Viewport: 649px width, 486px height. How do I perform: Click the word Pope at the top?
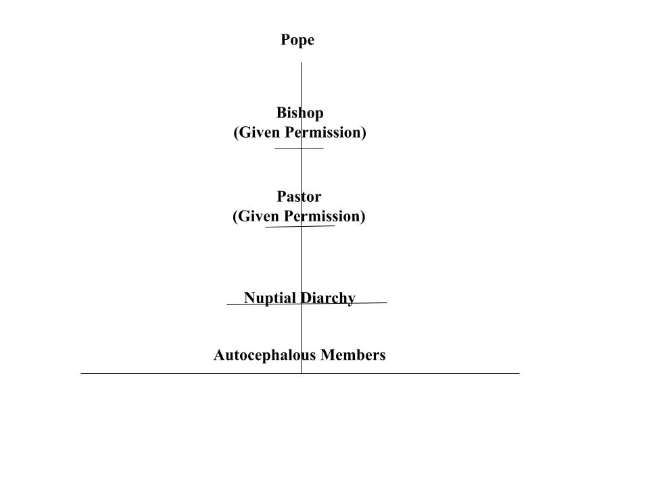tap(297, 40)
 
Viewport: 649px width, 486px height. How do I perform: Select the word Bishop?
tap(299, 113)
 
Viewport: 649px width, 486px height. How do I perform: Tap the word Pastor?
tap(299, 196)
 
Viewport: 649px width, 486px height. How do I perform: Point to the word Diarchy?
tap(328, 298)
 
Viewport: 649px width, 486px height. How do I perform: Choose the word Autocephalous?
tap(264, 355)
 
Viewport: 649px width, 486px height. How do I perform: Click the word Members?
tap(353, 355)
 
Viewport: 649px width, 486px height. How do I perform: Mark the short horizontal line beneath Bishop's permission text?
tap(299, 148)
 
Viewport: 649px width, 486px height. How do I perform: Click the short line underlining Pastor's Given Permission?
tap(300, 227)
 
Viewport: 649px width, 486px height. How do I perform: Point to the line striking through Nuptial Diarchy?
tap(307, 304)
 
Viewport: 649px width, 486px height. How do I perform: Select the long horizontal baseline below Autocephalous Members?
tap(300, 373)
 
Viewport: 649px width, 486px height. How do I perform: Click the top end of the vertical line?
tap(302, 62)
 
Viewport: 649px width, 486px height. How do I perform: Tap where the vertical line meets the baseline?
tap(302, 373)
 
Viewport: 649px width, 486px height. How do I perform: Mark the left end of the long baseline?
tap(81, 373)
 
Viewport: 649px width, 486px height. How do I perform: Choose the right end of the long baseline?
tap(519, 373)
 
